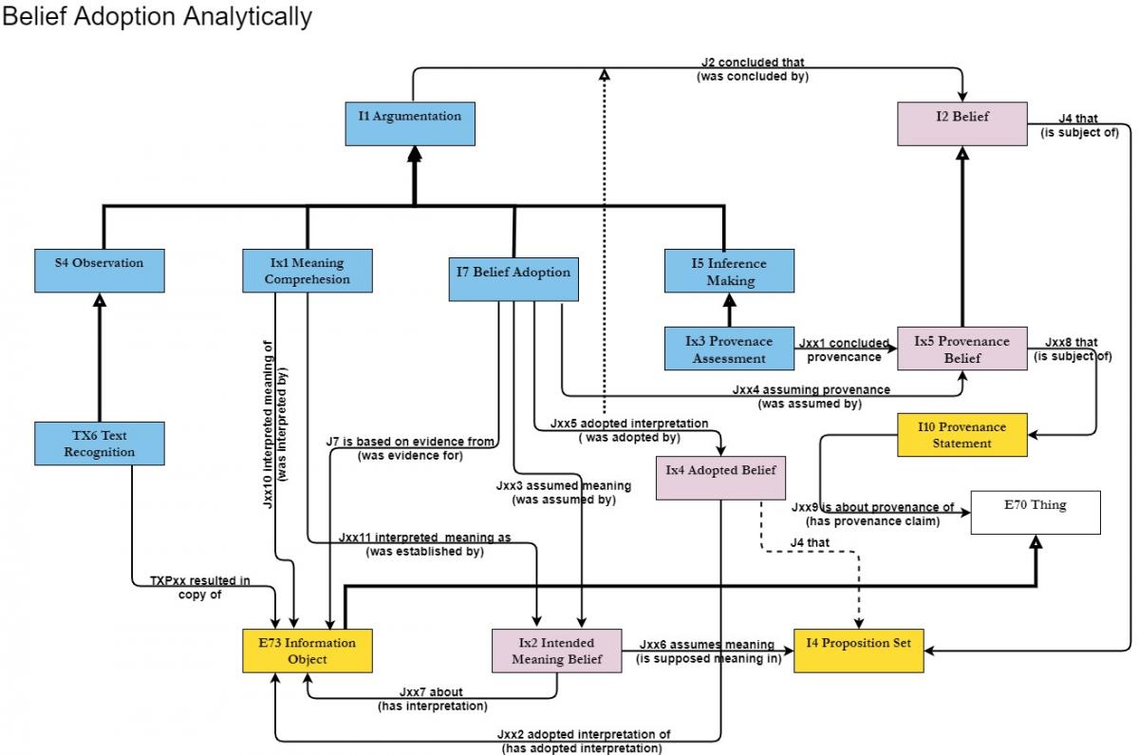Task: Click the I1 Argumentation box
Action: click(409, 123)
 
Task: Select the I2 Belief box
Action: click(962, 123)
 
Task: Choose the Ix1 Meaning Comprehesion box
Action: click(307, 271)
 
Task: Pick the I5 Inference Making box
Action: click(729, 272)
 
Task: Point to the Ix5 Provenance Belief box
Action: click(962, 349)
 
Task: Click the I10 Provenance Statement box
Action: click(962, 434)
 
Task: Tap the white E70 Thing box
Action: click(1035, 512)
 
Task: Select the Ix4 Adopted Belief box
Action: click(721, 477)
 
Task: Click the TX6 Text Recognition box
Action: click(99, 444)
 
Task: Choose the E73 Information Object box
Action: click(307, 651)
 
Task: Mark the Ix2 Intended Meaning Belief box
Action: click(557, 651)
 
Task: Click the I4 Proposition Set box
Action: click(858, 650)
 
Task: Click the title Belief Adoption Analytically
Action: click(157, 17)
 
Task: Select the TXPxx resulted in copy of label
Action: click(199, 587)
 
